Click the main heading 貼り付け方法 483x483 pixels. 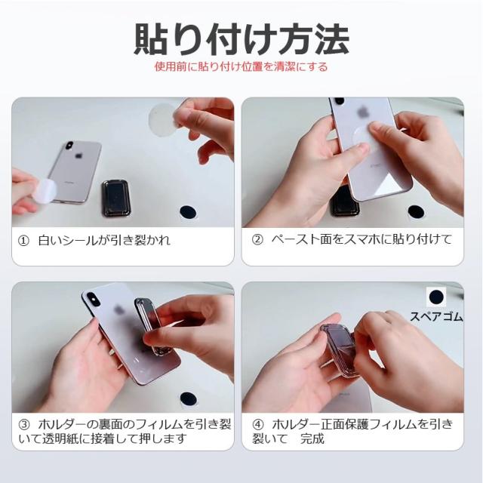[x=241, y=39]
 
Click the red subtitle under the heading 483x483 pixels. [x=241, y=66]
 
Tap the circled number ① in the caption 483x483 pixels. [x=23, y=241]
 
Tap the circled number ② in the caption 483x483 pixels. [x=257, y=240]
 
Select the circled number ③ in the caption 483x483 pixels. [x=24, y=425]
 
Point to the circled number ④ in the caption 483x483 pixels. [x=257, y=425]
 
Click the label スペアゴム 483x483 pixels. [x=436, y=316]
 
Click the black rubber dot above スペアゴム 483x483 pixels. [x=436, y=297]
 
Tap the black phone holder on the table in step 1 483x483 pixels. [x=115, y=198]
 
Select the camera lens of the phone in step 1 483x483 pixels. [x=69, y=146]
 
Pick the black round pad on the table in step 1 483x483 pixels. [x=188, y=212]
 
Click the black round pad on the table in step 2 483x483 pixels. [x=416, y=212]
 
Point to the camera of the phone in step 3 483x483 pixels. [x=92, y=298]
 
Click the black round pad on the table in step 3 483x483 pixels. [x=188, y=399]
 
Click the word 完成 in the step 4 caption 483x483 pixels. [x=312, y=438]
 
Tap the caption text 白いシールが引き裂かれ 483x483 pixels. [x=104, y=241]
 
